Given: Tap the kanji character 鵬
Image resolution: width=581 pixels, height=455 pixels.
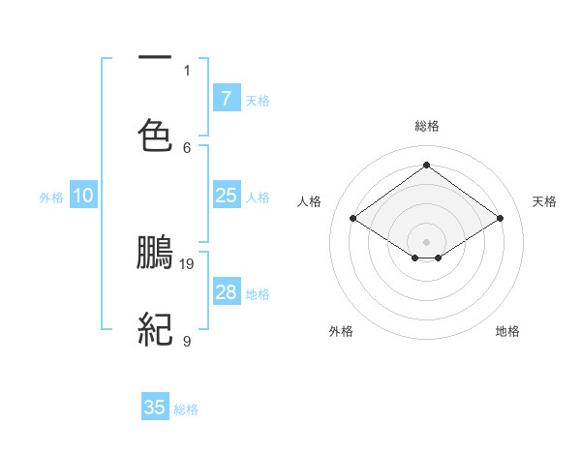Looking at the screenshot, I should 155,253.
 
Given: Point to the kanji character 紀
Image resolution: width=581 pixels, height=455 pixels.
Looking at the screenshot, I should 155,330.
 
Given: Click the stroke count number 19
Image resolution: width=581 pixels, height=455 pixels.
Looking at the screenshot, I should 188,263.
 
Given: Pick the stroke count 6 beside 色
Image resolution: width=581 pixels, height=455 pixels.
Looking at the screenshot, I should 187,147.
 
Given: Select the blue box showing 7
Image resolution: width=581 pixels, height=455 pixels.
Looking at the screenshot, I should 226,99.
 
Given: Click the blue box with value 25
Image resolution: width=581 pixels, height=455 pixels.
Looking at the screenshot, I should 226,196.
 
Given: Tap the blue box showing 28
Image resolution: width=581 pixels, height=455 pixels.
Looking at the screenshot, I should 226,292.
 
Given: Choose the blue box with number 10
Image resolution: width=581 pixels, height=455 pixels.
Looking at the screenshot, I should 83,196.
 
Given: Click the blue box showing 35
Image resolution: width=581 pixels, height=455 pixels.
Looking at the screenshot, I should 155,408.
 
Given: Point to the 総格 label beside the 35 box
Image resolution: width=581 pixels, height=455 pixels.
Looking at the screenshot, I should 186,409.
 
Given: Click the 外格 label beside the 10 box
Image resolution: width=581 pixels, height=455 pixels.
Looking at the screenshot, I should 51,197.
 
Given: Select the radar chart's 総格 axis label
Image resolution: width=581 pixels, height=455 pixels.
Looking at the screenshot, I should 427,126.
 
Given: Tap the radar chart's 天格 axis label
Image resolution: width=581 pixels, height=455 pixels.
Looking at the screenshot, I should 544,201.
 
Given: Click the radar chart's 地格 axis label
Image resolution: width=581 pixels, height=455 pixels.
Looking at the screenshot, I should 507,331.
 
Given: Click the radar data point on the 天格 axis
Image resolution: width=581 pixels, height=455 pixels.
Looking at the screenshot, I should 500,219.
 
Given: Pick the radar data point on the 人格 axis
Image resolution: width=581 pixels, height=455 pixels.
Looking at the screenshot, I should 353,219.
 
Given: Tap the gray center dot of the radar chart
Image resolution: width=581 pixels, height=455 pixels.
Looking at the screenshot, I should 427,241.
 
